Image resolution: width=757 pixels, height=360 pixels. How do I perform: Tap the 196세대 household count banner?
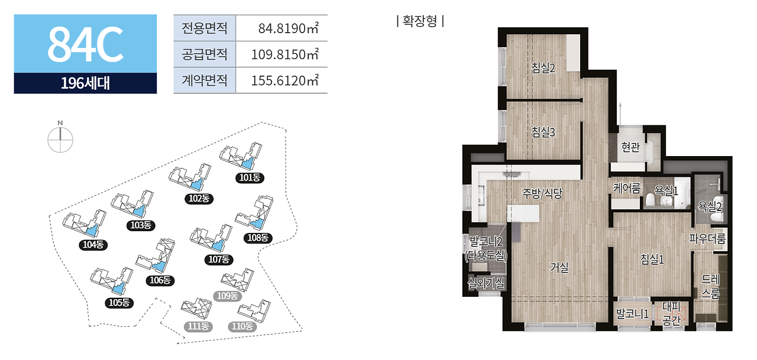click(85, 83)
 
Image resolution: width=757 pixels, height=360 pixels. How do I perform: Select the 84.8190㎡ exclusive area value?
click(288, 28)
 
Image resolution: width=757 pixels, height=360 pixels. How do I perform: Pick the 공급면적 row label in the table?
click(205, 54)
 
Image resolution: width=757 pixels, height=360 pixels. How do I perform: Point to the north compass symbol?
click(60, 139)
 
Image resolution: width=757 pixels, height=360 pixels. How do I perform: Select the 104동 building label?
click(93, 244)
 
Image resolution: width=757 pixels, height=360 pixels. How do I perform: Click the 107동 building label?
click(218, 258)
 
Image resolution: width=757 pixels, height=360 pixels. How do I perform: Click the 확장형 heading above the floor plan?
click(420, 22)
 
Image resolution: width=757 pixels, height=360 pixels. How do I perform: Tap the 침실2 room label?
click(543, 68)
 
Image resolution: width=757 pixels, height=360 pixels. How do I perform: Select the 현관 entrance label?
click(630, 147)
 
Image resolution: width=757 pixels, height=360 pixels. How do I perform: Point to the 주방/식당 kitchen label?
click(542, 193)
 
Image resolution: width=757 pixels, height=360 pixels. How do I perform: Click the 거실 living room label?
click(559, 267)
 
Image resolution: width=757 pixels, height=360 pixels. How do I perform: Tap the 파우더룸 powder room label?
click(707, 239)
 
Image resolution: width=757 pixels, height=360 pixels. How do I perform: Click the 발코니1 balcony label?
click(633, 314)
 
